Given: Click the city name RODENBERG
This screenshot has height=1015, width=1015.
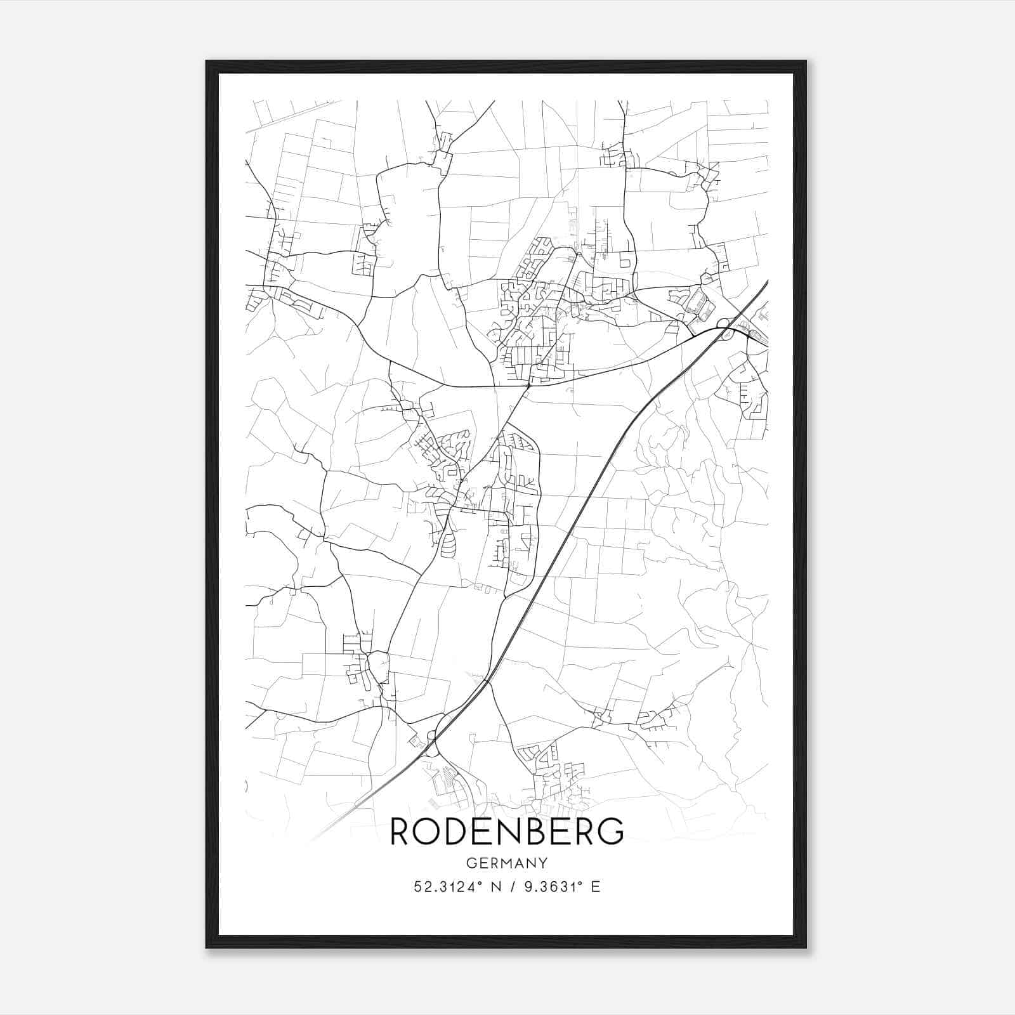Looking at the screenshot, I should point(507,831).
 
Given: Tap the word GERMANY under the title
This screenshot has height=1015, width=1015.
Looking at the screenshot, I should point(507,863).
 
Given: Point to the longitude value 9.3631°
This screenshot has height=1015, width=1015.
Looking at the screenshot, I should point(550,887).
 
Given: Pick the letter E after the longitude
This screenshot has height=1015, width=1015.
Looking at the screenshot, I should point(595,887).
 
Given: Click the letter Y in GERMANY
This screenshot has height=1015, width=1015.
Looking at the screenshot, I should point(543,863).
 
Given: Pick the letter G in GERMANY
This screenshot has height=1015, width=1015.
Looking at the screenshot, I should point(471,863).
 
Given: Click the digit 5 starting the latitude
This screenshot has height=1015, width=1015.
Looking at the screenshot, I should point(417,887).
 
